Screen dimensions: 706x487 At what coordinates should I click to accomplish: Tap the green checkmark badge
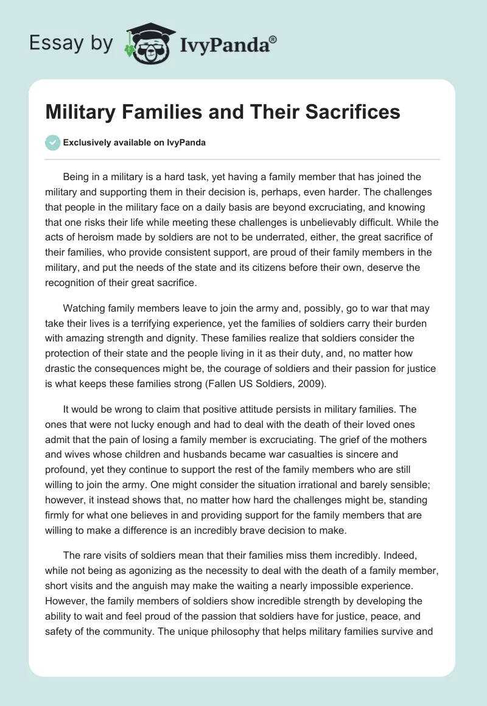point(52,142)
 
